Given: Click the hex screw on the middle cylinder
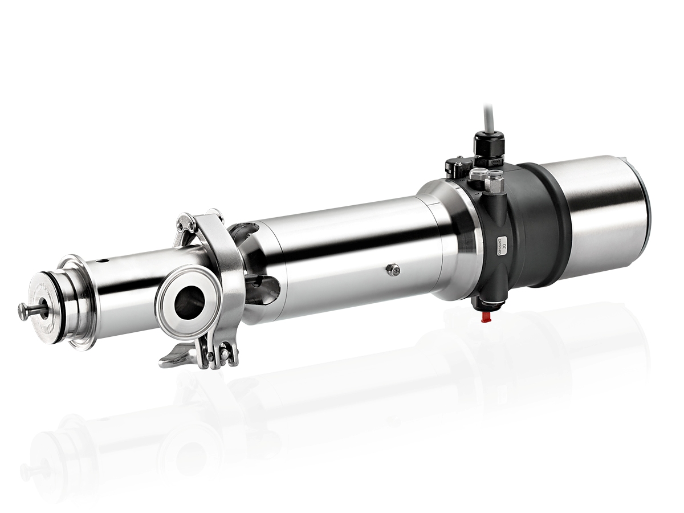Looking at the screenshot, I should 393,270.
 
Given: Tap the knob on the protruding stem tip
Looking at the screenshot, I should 24,311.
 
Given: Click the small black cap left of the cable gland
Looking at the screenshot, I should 454,167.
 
